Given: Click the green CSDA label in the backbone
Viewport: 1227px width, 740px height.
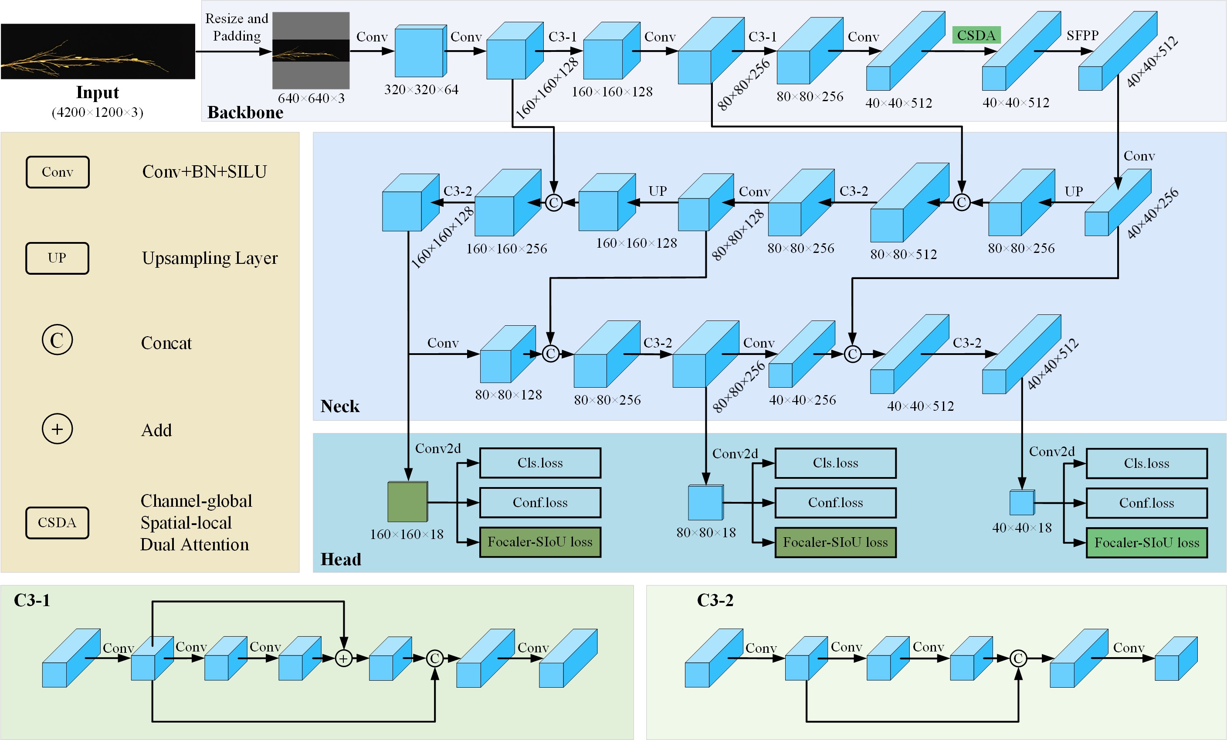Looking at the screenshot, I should click(x=976, y=35).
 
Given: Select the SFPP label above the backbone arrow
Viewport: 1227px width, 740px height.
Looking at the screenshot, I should click(x=1082, y=35).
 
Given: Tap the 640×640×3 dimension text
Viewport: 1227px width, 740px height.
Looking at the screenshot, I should click(x=311, y=98).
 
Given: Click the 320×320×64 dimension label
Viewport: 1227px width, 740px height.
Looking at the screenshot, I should click(x=421, y=90).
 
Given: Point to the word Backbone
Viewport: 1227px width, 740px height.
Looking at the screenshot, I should click(x=245, y=113).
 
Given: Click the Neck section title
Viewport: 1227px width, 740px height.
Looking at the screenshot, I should click(x=339, y=406).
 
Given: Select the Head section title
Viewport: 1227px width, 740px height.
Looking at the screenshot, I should click(x=341, y=559).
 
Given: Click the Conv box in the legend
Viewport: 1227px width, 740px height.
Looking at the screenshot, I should click(x=57, y=172).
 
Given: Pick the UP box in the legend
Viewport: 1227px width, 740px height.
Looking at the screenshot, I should click(x=57, y=258).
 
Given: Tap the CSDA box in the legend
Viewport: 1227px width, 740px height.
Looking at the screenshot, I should click(x=57, y=523).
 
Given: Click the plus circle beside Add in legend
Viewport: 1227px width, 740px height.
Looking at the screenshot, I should click(x=57, y=429).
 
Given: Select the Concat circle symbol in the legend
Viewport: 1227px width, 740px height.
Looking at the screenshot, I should click(x=57, y=340).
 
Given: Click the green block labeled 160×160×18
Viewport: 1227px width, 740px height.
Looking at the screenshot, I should click(x=407, y=502).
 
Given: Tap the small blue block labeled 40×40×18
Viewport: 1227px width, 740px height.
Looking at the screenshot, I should click(x=1021, y=503).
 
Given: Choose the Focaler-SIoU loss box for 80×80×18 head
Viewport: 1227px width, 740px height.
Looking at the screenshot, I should click(x=835, y=542).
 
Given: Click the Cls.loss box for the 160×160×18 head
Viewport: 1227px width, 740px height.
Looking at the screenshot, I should click(x=540, y=463).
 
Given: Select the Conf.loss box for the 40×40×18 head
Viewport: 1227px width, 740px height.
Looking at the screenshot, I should click(x=1146, y=503).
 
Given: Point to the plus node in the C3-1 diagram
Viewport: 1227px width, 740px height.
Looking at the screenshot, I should click(x=344, y=659).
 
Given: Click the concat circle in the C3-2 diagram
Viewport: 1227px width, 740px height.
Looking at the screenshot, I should click(x=1018, y=659).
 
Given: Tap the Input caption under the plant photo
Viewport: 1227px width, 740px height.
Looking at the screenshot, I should click(x=97, y=93).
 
